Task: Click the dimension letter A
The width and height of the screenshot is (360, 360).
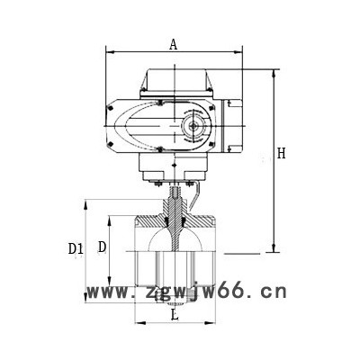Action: click(x=173, y=42)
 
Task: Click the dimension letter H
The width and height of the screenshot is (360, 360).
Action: click(x=281, y=154)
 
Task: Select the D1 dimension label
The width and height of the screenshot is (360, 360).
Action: click(x=76, y=248)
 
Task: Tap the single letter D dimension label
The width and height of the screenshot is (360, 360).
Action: click(x=102, y=247)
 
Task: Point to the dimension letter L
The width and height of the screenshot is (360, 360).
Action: click(x=175, y=315)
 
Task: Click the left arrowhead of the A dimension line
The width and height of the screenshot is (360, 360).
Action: click(x=109, y=52)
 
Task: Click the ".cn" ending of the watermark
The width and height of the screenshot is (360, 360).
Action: click(x=269, y=291)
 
